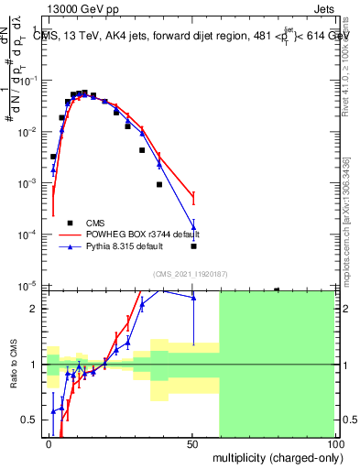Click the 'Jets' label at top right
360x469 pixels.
(x=322, y=9)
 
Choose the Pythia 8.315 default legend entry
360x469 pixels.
(x=127, y=246)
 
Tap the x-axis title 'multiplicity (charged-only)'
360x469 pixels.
(x=276, y=456)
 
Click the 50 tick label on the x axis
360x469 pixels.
(x=191, y=443)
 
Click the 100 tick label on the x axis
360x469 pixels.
(x=335, y=443)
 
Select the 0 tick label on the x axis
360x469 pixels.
(x=49, y=443)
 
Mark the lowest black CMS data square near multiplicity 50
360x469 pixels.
(x=193, y=245)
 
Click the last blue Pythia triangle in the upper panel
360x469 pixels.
(x=193, y=227)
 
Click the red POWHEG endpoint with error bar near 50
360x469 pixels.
(x=193, y=196)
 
